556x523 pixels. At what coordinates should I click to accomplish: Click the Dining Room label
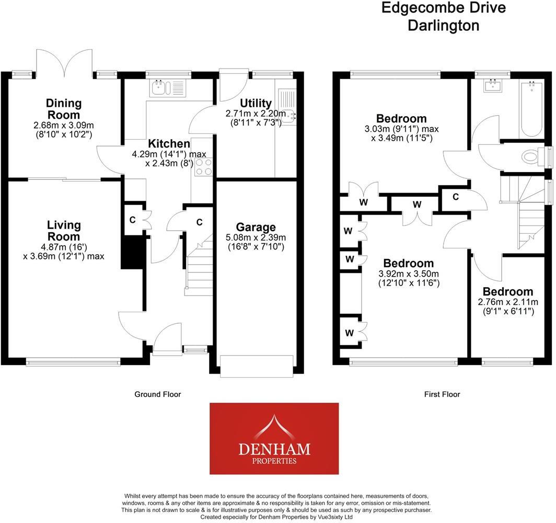[63, 109]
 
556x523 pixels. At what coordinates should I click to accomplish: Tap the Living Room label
[64, 231]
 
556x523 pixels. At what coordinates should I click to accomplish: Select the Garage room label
[256, 227]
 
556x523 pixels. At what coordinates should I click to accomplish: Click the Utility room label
[256, 103]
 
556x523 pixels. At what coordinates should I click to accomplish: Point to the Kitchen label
[168, 143]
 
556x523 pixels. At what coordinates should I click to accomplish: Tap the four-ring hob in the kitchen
[204, 167]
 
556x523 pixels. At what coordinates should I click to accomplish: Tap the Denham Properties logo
[274, 438]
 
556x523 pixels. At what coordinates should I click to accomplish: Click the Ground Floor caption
[157, 394]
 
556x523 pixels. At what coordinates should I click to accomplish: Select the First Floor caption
[442, 394]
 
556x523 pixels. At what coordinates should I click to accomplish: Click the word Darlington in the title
[443, 26]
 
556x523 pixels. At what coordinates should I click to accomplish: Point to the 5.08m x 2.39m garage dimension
[256, 237]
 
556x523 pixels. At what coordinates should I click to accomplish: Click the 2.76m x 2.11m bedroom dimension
[507, 302]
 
